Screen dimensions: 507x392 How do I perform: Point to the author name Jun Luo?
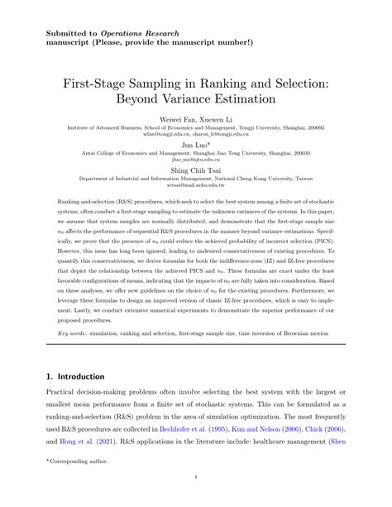[195, 143]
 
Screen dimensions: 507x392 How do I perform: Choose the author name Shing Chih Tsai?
[196, 171]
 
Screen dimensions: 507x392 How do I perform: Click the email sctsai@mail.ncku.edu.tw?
[196, 187]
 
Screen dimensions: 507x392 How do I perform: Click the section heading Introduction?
[79, 375]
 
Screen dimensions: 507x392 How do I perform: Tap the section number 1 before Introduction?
[38, 375]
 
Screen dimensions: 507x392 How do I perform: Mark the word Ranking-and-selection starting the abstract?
[62, 202]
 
